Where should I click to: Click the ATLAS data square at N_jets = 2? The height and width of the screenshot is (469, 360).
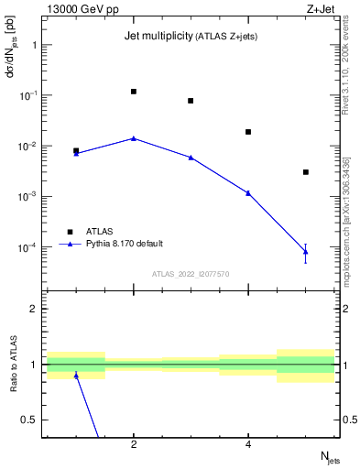click(134, 92)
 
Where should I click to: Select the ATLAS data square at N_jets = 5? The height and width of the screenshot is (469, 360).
click(306, 172)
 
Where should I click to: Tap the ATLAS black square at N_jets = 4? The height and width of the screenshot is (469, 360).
click(248, 132)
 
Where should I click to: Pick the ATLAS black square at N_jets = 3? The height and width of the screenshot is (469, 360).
click(191, 101)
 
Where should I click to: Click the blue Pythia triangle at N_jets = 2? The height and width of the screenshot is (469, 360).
click(134, 138)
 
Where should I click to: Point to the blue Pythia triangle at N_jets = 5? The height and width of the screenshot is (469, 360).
click(306, 251)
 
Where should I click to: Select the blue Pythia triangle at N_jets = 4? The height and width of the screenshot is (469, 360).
click(248, 192)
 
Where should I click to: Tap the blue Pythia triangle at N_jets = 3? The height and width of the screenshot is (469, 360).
click(191, 158)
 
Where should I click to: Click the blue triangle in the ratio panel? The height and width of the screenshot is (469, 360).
click(76, 376)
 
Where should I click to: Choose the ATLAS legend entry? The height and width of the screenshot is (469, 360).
click(99, 231)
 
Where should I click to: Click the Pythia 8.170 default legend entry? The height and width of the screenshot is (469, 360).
click(124, 244)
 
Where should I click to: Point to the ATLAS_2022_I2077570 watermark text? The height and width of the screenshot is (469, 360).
click(191, 273)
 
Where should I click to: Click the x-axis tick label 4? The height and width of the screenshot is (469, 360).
click(248, 444)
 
